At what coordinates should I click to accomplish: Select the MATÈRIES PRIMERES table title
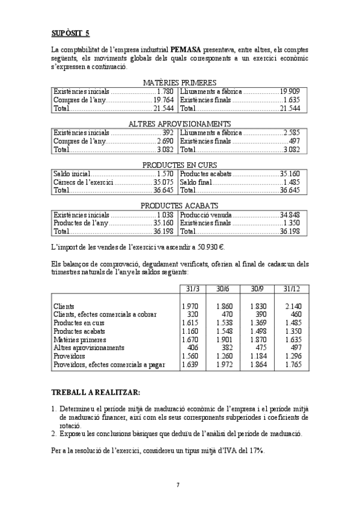click(x=180, y=83)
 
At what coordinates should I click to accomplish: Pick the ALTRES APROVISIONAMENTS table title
click(x=180, y=124)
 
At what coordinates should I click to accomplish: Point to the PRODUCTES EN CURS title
click(x=180, y=165)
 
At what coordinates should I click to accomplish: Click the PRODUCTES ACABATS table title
click(x=180, y=206)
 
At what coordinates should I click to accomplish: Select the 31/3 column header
click(x=189, y=289)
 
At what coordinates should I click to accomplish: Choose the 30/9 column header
click(x=258, y=289)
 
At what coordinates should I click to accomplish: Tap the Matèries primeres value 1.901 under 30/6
click(x=224, y=340)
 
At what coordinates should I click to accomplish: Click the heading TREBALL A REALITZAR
click(x=96, y=393)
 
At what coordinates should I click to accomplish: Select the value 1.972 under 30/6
click(x=224, y=364)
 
